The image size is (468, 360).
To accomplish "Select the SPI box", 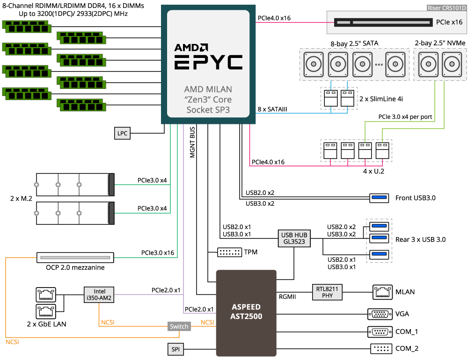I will click(x=175, y=349).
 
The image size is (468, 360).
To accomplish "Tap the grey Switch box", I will click(x=179, y=326).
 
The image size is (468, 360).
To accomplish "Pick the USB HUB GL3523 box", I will click(x=293, y=238).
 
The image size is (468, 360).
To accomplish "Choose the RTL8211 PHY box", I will click(x=327, y=292).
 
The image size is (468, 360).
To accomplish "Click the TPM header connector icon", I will click(x=229, y=252).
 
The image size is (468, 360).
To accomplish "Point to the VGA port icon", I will click(x=380, y=314).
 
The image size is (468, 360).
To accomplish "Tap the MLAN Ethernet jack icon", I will click(x=380, y=292).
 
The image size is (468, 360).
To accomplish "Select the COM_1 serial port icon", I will click(x=380, y=331).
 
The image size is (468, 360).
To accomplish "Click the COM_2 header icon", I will click(x=380, y=349).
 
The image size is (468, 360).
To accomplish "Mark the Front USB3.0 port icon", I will click(x=379, y=198).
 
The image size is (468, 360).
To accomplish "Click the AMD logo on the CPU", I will click(x=191, y=47).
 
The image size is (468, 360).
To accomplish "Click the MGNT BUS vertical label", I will click(x=192, y=142).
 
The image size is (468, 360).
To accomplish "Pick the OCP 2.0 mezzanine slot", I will click(x=75, y=258).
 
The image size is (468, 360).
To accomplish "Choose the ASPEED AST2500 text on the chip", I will click(x=247, y=312).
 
